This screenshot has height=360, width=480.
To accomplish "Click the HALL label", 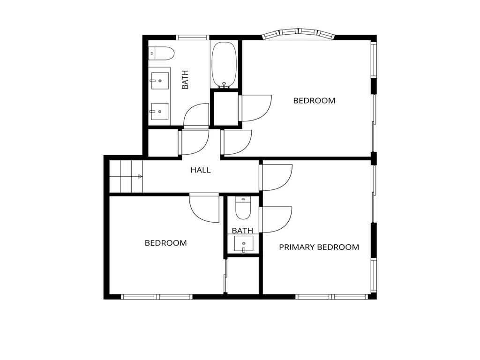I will tap(201, 170).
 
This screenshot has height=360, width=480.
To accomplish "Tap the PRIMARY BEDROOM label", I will tap(319, 247).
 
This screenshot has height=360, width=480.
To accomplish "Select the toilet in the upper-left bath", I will tap(161, 53).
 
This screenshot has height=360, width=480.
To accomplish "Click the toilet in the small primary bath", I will tap(243, 208).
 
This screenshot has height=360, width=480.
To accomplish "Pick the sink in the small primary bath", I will tap(244, 244).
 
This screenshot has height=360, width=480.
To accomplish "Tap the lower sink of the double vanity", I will tap(159, 112).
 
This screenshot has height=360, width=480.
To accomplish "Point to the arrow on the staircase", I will tap(140, 176).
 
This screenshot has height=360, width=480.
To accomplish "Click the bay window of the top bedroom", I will tap(298, 33).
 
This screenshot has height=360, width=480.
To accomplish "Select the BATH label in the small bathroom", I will tap(242, 231).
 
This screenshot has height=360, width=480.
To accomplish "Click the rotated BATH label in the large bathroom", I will tap(185, 80).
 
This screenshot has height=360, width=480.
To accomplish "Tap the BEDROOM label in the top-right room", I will tap(314, 100).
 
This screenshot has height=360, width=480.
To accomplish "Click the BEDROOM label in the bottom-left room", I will tap(165, 243).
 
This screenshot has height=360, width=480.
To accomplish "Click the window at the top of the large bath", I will tap(193, 37).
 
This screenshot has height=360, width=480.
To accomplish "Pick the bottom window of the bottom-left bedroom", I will tap(157, 297).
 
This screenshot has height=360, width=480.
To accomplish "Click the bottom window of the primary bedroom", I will tap(332, 297).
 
